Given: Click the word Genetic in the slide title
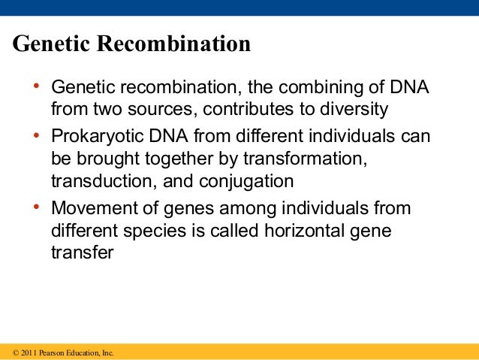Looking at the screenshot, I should tap(50, 44).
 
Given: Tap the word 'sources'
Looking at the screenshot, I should tap(164, 110).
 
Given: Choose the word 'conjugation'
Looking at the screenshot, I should tap(252, 181).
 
